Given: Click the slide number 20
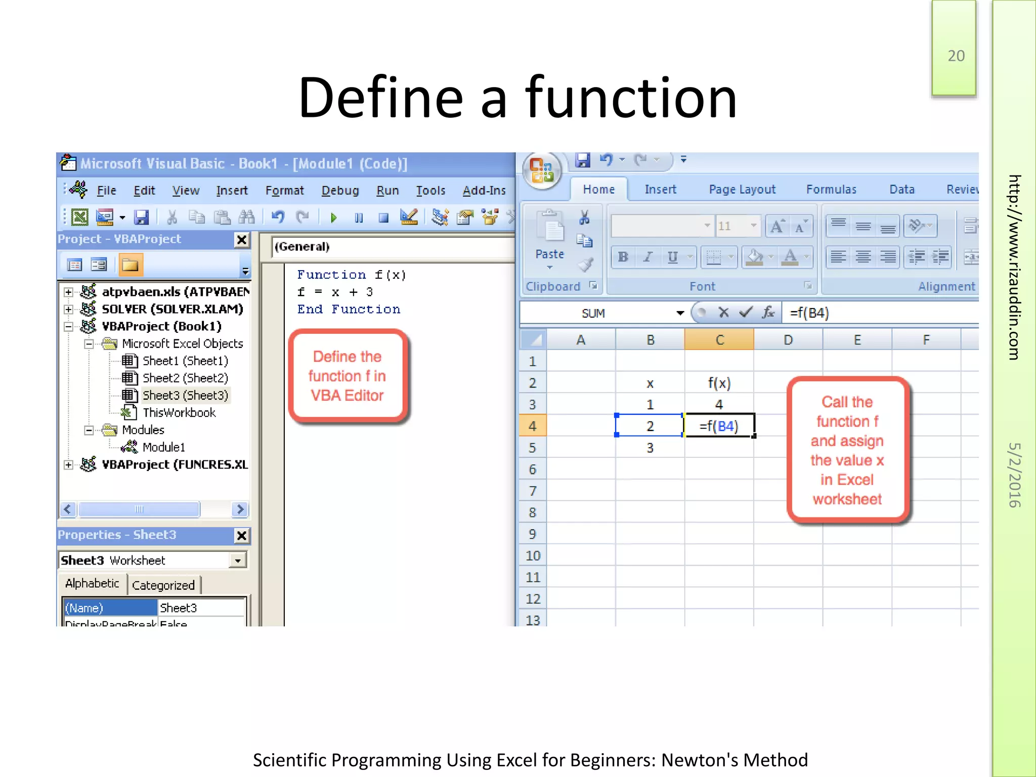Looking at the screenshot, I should (956, 56).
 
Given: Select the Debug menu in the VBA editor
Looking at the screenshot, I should (340, 191).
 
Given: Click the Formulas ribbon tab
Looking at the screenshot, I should (831, 189).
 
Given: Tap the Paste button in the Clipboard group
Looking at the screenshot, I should (549, 238).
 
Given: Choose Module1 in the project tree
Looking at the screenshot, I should (163, 447).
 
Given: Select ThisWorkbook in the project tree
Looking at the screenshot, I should (179, 413).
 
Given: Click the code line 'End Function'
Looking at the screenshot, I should (349, 309).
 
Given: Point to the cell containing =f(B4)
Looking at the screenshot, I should (719, 426).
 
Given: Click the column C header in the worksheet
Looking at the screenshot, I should (719, 340).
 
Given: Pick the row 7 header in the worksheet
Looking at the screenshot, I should (532, 491).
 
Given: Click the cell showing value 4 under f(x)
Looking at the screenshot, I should (719, 405).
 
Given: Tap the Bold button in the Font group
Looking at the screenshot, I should (623, 257).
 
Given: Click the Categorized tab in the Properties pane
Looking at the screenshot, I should (163, 585).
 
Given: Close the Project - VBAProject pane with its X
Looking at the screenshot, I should (242, 240).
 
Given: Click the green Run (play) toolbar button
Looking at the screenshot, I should (333, 218).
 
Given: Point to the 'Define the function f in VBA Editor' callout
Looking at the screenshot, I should (348, 376).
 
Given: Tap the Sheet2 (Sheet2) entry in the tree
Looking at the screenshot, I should (185, 378).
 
